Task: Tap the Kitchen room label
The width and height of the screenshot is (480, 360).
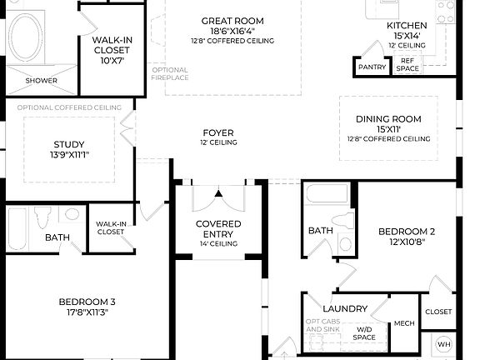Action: [x=407, y=26]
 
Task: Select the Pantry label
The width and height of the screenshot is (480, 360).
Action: [x=371, y=67]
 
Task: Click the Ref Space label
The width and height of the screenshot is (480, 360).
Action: [x=407, y=64]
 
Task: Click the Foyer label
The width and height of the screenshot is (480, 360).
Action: [x=218, y=133]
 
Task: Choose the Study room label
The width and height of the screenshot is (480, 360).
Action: [x=68, y=145]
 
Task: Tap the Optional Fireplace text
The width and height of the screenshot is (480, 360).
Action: [x=170, y=73]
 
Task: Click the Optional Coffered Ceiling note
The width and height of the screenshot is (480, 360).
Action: [x=70, y=107]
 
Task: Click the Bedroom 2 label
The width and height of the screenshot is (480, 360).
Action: [x=407, y=232]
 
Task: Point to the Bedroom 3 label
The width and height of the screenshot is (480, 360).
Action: [x=87, y=302]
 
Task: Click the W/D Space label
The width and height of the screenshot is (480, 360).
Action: [x=365, y=333]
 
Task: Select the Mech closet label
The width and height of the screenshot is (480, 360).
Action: [x=404, y=324]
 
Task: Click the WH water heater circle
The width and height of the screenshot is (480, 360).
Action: [x=443, y=344]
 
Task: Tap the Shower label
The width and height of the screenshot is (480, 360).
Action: [x=41, y=81]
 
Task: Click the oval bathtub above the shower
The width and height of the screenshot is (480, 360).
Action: [x=28, y=38]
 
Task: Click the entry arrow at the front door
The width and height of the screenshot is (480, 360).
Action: [x=218, y=193]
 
